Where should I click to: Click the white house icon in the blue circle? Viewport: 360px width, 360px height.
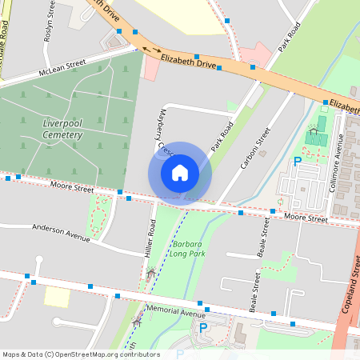click(180, 172)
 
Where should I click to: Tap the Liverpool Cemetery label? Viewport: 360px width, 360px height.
click(62, 129)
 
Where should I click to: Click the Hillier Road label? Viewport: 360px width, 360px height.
click(150, 239)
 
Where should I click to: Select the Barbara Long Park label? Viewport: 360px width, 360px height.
click(187, 248)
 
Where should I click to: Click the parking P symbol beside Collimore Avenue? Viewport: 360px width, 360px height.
click(298, 162)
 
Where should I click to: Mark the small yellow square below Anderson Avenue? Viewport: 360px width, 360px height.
click(57, 297)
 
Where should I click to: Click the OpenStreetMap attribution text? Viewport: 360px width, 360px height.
click(80, 354)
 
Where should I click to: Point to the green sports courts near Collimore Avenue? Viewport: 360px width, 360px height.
click(317, 135)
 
